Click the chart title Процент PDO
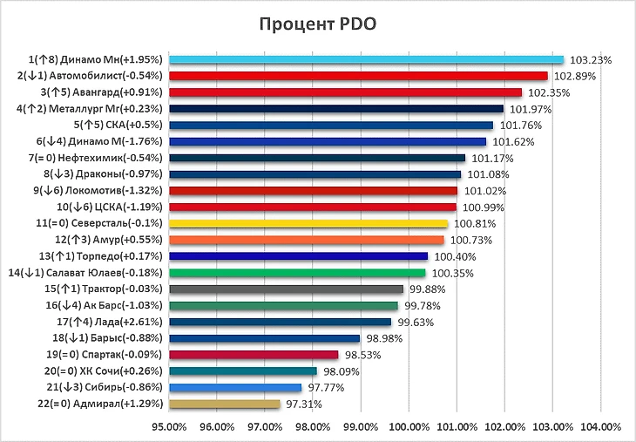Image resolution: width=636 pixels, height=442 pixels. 317,24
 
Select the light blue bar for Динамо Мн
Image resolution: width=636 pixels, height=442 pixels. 366,59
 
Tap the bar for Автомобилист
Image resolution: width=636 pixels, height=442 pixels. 358,76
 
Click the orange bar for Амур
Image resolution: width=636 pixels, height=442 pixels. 306,240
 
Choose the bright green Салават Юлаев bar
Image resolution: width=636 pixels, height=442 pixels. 297,273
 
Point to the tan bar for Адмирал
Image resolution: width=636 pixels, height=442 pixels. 224,404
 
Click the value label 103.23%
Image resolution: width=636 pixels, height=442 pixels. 591,60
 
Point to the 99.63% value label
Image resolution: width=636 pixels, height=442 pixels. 417,322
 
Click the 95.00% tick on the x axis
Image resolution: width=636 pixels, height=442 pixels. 169,427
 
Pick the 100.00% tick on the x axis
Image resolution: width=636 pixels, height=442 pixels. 408,427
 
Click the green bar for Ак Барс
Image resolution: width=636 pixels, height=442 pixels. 283,305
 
